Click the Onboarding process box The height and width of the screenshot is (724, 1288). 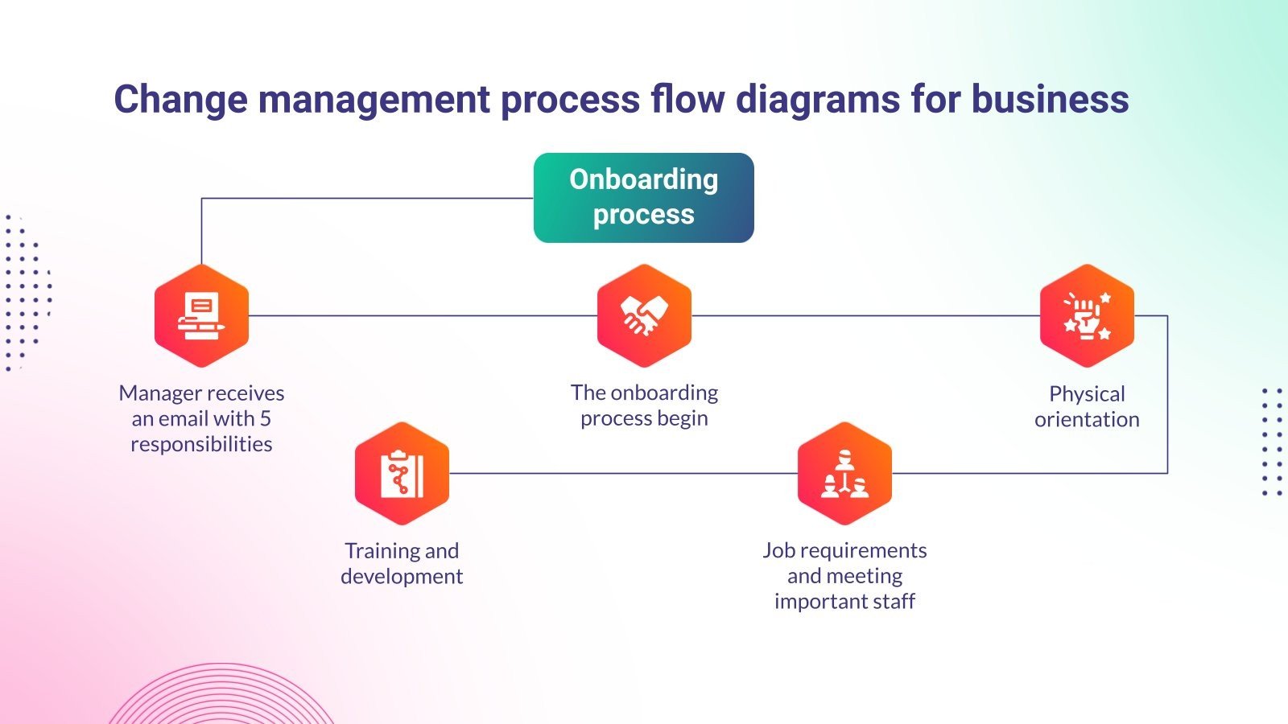[643, 198]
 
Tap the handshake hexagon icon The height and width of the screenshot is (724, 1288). [644, 315]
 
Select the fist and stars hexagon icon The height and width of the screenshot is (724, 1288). [1087, 315]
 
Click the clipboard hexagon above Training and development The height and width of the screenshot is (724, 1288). [402, 473]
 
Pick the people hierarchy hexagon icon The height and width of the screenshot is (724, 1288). [844, 473]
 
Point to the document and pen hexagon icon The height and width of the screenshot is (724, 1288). [201, 315]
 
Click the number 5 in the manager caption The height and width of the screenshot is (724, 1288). [265, 418]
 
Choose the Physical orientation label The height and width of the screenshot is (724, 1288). [1087, 406]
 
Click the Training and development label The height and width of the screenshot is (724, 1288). [402, 563]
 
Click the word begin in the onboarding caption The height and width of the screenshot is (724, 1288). [680, 419]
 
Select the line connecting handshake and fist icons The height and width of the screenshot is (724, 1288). [865, 315]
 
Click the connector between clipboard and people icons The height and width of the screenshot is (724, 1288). [624, 473]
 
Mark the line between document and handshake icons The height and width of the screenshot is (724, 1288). [423, 315]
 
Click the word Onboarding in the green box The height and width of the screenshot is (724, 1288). [643, 179]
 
